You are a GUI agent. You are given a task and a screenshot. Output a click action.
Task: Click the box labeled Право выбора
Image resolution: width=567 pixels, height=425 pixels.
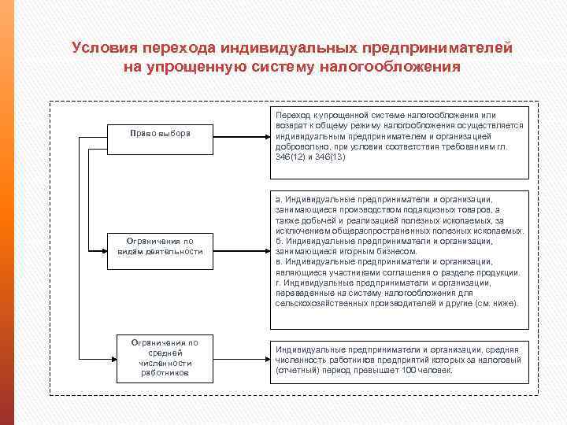tap(160, 133)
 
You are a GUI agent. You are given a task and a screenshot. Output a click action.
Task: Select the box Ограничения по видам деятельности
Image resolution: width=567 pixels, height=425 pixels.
tap(160, 246)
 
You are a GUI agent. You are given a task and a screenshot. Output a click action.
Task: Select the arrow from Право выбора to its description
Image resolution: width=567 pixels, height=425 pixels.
tap(241, 133)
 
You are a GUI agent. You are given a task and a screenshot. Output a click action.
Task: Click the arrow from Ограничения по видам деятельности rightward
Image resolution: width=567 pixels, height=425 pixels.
tap(241, 246)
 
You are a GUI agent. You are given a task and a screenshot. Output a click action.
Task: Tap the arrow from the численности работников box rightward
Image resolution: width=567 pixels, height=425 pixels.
tap(241, 358)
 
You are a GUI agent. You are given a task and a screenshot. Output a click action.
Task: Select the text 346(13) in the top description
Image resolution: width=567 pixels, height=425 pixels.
tap(328, 157)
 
